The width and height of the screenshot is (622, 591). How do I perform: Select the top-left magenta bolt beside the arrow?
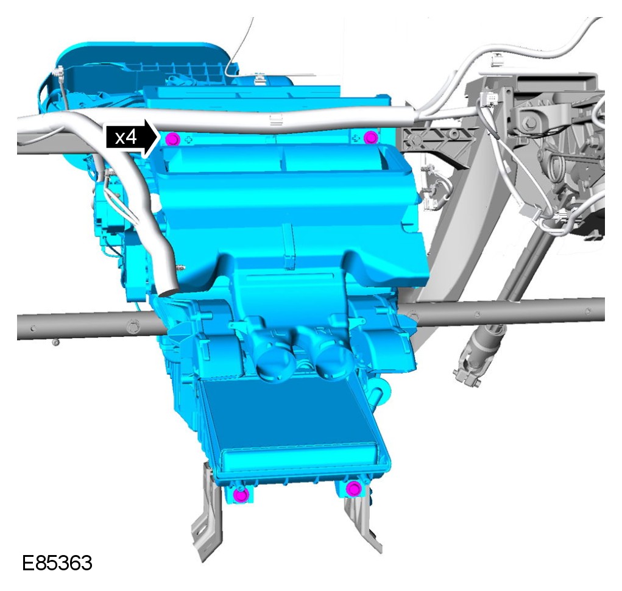pyautogui.click(x=173, y=139)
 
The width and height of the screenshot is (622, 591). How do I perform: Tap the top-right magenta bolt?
pyautogui.click(x=370, y=138)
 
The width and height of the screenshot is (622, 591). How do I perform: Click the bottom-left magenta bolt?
pyautogui.click(x=241, y=494)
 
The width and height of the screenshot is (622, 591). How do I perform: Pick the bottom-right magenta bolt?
pyautogui.click(x=353, y=488)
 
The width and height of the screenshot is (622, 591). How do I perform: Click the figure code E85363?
pyautogui.click(x=57, y=563)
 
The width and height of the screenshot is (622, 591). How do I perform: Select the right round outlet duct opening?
pyautogui.click(x=334, y=360)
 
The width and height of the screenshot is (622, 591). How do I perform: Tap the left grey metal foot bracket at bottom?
pyautogui.click(x=207, y=515)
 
